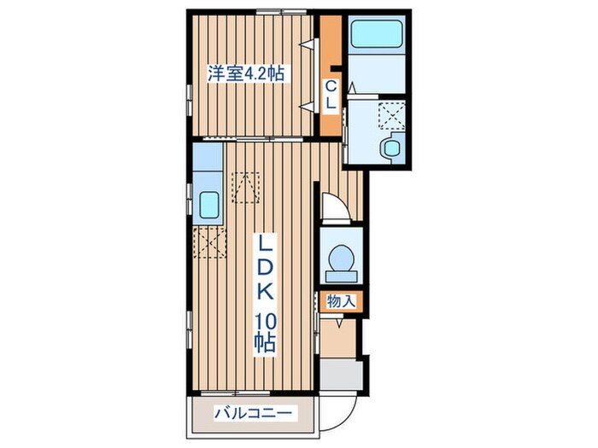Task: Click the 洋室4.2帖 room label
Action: pyautogui.click(x=245, y=74)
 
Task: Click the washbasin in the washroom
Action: pyautogui.click(x=391, y=147)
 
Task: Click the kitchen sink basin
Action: pyautogui.click(x=208, y=205)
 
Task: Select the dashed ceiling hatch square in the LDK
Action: pyautogui.click(x=246, y=187)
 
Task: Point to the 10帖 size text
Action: pyautogui.click(x=263, y=335)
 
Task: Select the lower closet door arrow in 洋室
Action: pyautogui.click(x=304, y=105)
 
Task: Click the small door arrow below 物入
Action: pyautogui.click(x=340, y=323)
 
